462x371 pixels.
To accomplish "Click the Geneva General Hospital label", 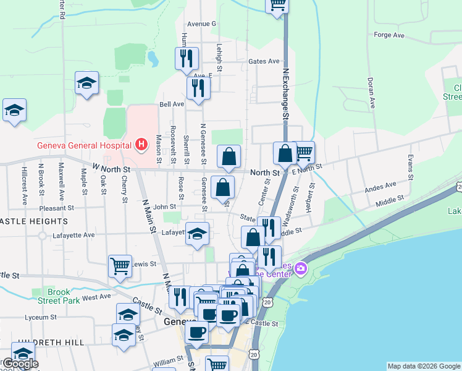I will click(x=83, y=146).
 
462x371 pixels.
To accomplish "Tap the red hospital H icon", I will click(x=141, y=145).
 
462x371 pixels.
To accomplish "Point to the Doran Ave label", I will click(x=371, y=93).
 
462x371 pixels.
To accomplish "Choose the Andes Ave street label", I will click(x=380, y=185).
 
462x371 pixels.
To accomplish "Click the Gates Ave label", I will click(x=264, y=62).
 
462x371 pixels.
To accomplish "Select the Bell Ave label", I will click(x=172, y=104).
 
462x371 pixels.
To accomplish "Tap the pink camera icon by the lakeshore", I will click(x=301, y=268).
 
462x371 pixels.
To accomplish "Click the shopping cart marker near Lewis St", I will click(x=120, y=267).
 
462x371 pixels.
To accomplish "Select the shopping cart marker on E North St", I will click(x=303, y=152).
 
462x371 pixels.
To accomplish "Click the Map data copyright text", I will click(x=424, y=366).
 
